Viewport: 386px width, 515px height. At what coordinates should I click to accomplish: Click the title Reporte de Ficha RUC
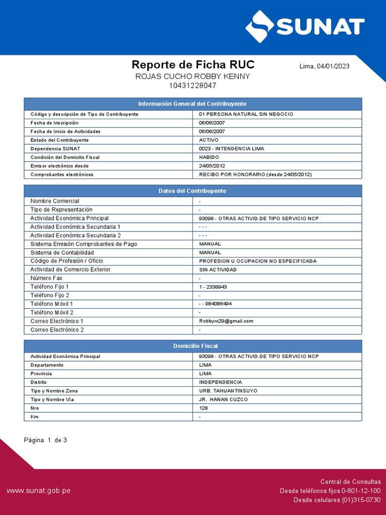pos(193,64)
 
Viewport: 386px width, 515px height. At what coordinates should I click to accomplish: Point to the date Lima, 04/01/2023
pos(324,66)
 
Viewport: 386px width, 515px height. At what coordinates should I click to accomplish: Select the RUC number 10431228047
pos(193,85)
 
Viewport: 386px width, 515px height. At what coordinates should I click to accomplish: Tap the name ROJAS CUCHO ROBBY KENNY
pos(193,76)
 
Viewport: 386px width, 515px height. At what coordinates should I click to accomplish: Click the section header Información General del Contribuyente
pos(192,104)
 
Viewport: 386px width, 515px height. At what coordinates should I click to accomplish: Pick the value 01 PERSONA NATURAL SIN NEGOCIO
pos(246,114)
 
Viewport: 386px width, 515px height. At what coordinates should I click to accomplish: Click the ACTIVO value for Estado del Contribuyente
pos(209,140)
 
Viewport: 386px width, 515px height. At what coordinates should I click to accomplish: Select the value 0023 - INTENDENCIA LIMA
pos(231,148)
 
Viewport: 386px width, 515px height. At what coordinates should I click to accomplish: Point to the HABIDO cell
pos(209,157)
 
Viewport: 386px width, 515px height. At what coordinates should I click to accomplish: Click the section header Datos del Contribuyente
pos(192,191)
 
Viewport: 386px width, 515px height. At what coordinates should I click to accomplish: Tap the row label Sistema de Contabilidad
pos(62,252)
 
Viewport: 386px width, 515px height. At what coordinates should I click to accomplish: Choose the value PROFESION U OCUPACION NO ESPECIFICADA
pos(258,261)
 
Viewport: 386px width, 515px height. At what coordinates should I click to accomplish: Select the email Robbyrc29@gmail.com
pos(226,321)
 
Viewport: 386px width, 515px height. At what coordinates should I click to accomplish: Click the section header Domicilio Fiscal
pos(192,346)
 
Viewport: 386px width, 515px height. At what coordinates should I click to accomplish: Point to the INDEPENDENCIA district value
pos(220,382)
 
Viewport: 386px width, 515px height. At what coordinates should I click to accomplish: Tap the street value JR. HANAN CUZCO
pos(223,399)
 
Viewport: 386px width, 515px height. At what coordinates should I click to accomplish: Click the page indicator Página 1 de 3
pos(45,440)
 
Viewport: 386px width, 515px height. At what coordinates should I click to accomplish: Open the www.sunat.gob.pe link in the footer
pos(38,490)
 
